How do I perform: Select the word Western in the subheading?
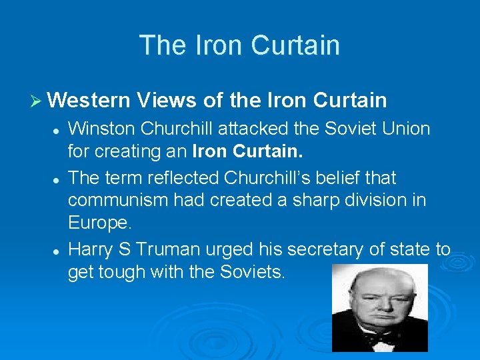pos(89,100)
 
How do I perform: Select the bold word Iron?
pos(210,151)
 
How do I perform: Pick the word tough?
pos(130,273)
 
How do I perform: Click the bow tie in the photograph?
pos(381,338)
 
